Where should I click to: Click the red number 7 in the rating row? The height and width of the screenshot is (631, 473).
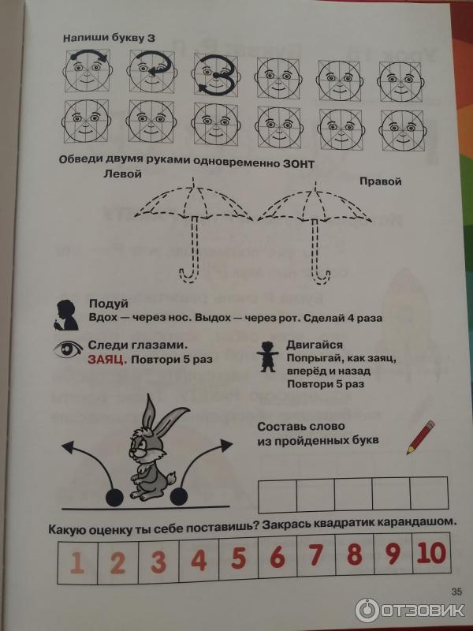[x=316, y=554]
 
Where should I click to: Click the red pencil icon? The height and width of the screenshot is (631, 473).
[x=421, y=437]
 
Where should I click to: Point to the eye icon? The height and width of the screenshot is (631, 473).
[x=68, y=349]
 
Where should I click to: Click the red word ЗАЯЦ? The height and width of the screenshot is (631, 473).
[x=107, y=360]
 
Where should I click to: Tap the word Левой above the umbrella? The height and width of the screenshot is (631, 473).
[x=122, y=174]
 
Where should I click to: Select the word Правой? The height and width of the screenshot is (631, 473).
[x=381, y=181]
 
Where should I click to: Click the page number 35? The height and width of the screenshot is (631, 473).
[x=456, y=592]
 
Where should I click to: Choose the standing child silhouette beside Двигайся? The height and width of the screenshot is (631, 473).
[x=268, y=357]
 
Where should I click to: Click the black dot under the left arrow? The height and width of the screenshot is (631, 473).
[x=114, y=498]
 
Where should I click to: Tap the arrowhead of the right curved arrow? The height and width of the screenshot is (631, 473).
[x=226, y=444]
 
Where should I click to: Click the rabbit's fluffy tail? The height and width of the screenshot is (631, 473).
[x=172, y=479]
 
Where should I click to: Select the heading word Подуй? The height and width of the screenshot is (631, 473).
[x=109, y=304]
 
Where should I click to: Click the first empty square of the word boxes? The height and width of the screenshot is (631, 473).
[x=277, y=495]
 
